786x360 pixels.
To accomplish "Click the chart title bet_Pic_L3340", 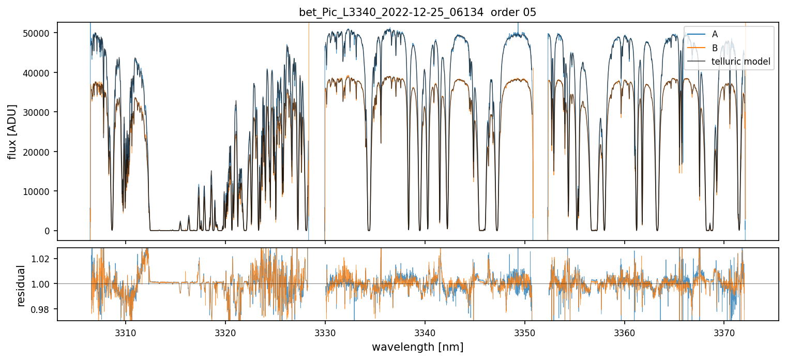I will (417, 12).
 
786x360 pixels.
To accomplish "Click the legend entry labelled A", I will (715, 34).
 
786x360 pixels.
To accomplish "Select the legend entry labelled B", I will (715, 48).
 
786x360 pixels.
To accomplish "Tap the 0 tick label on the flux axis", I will (48, 231).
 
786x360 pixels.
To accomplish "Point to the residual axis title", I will (21, 286).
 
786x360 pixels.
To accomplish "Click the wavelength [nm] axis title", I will (417, 347).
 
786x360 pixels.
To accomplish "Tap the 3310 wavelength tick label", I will (125, 332).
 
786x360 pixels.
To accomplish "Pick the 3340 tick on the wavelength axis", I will (425, 332).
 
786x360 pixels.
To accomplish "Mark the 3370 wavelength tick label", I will (724, 332).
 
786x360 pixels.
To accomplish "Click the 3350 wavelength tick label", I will (524, 332).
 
